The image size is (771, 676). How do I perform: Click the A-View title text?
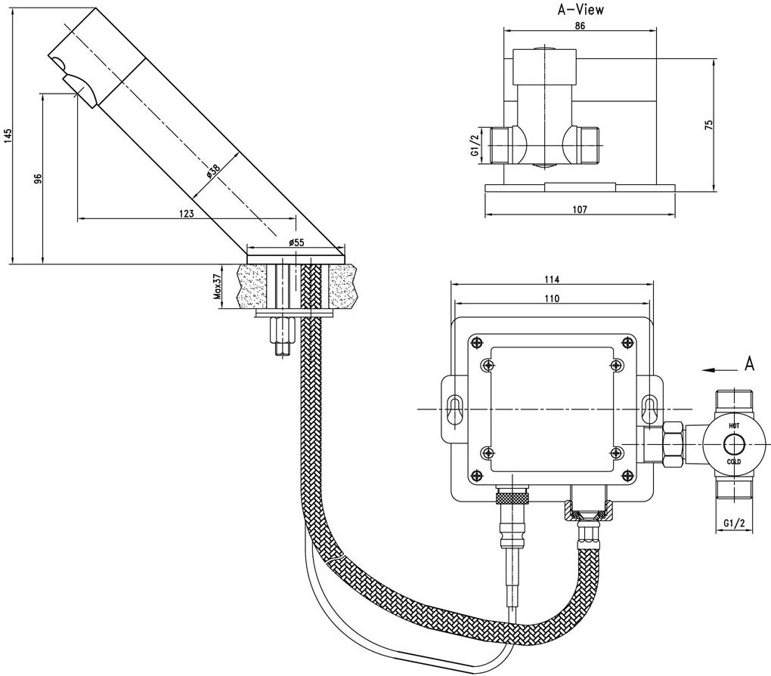pos(580,9)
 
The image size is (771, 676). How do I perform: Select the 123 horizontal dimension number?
pos(187,214)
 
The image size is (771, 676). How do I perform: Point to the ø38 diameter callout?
pos(214,171)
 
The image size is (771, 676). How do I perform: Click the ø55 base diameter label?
pos(296,242)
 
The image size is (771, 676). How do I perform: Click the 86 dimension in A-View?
pos(580,25)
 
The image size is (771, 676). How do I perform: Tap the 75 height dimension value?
pos(708,125)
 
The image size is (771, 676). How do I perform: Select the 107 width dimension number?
pos(580,209)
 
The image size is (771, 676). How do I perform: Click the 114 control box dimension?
pos(552,278)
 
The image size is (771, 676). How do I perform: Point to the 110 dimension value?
pos(552,298)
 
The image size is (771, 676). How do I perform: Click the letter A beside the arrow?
pos(749,364)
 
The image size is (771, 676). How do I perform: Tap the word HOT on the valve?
pos(734,427)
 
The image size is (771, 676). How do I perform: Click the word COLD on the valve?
pos(734,461)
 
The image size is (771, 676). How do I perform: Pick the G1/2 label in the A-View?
pos(475,145)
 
